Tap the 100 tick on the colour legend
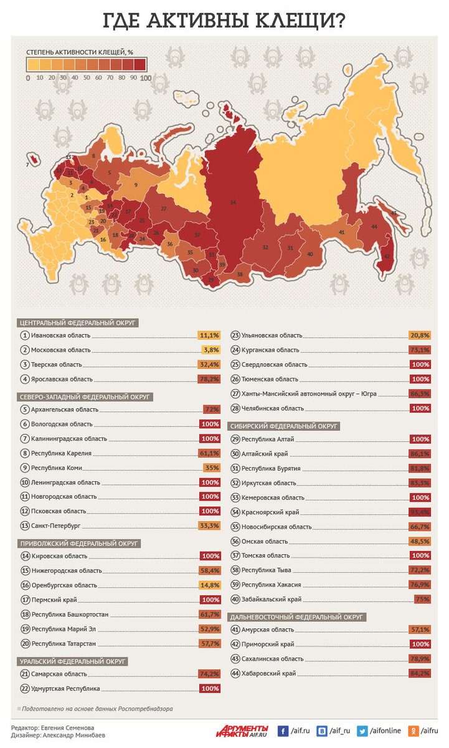coord(146,78)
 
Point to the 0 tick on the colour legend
coord(28,78)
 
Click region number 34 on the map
coord(233,203)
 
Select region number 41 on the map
coord(341,232)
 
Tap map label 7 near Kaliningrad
coord(27,165)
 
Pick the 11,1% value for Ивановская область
coord(209,335)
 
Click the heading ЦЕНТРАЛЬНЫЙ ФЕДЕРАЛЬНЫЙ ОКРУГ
coord(78,322)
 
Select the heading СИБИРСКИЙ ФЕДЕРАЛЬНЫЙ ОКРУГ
coord(284,426)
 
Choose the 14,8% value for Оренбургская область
coord(209,585)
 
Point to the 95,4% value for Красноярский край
coord(419,512)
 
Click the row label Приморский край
coord(268,644)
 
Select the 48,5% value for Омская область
coord(419,541)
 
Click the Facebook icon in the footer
coord(283,731)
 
